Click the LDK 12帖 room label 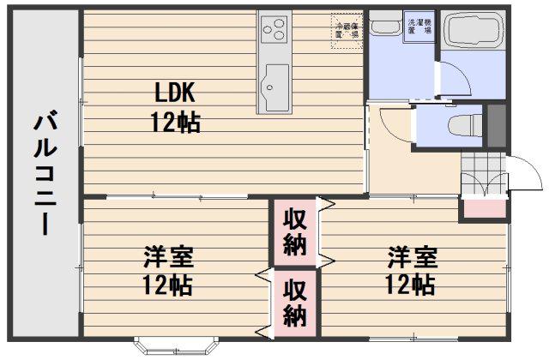point(177,106)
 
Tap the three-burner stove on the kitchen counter point(274,33)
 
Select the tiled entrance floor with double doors point(477,176)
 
